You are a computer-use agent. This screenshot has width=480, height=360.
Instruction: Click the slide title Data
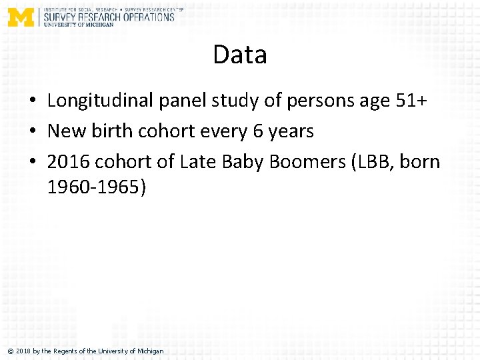[240, 55]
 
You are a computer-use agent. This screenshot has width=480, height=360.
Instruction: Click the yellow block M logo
[21, 17]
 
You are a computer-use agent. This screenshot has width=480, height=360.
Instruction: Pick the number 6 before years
[258, 131]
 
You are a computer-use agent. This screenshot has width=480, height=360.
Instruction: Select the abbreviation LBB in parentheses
[374, 161]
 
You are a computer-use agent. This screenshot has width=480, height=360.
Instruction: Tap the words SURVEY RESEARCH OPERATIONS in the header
[109, 17]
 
